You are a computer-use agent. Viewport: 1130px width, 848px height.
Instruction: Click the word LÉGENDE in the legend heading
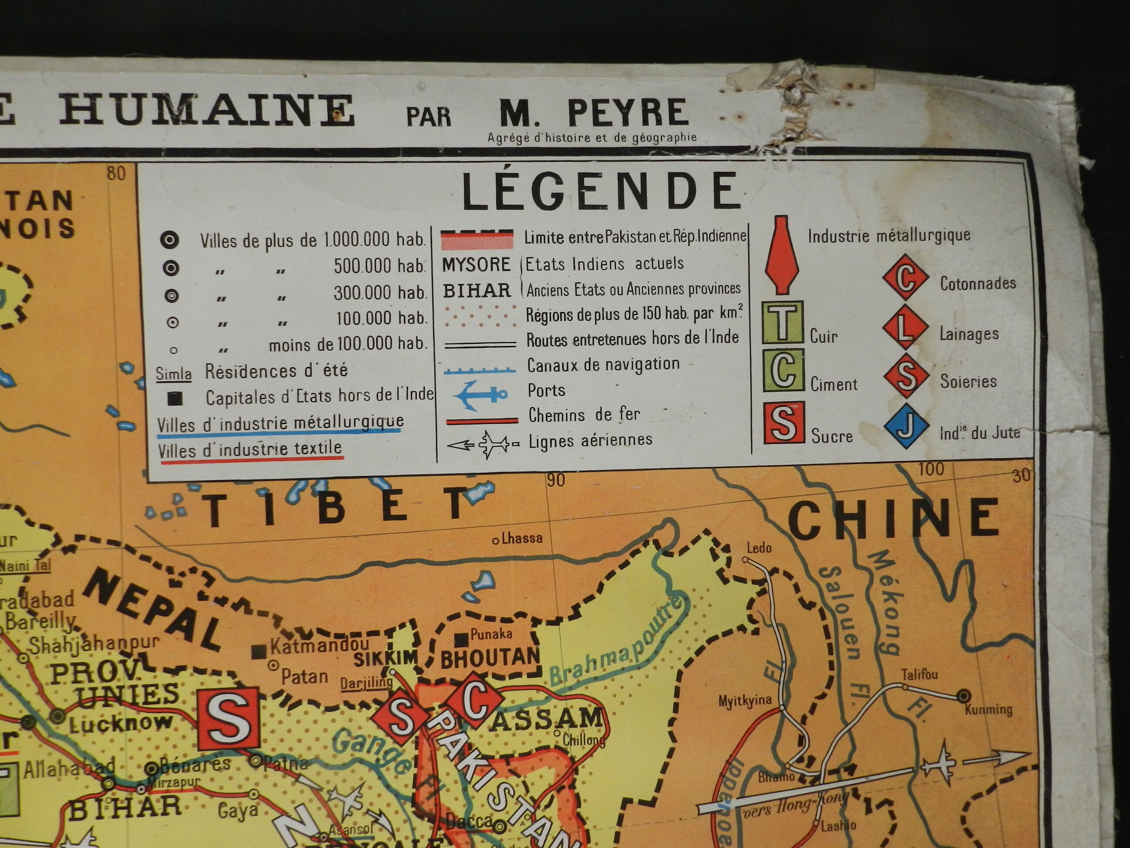point(601,191)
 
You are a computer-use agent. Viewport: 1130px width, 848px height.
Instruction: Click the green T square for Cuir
point(783,322)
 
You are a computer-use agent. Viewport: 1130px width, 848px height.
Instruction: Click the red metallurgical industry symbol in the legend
point(782,255)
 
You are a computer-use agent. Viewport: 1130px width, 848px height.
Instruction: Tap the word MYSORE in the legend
point(476,265)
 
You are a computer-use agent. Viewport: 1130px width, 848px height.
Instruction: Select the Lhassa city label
point(521,538)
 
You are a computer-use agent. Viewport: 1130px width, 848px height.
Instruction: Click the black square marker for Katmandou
point(259,651)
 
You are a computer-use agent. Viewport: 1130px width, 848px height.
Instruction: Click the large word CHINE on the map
point(893,518)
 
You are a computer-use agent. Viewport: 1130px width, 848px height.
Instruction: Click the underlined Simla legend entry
point(174,374)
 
